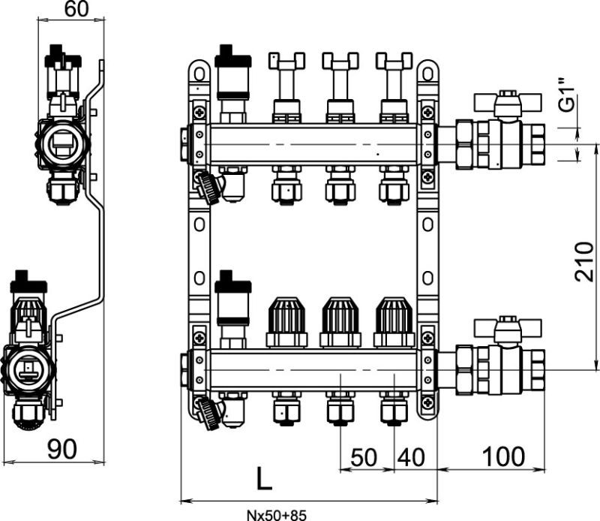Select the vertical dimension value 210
coord(584,262)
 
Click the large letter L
coord(263,478)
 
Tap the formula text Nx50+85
coord(276,515)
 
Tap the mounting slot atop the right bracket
coord(427,74)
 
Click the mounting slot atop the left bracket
coord(198,74)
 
